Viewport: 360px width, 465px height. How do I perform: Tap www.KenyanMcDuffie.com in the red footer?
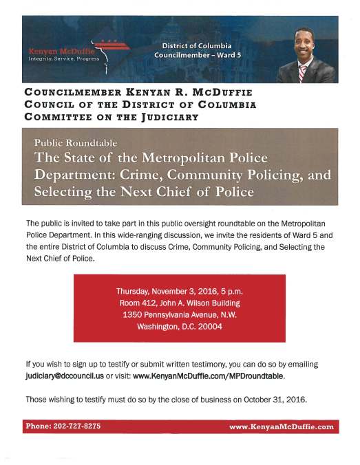(282, 427)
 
